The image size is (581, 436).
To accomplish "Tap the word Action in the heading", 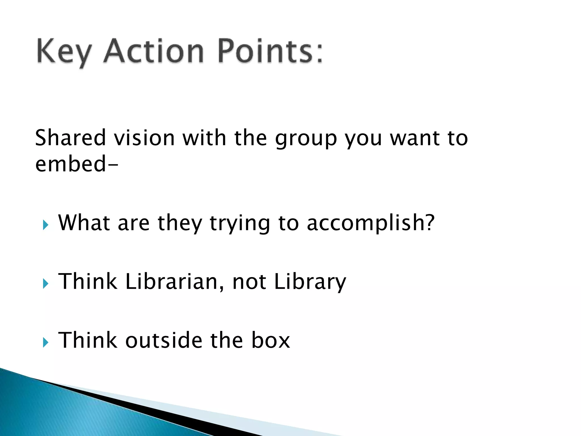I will tap(153, 51).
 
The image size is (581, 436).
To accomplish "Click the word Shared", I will tap(70, 138).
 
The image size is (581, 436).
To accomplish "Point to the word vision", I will tap(144, 138).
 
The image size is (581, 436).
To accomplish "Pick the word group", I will tap(306, 139).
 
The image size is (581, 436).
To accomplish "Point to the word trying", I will tap(240, 224).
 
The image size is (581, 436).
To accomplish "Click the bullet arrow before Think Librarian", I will tap(46, 284).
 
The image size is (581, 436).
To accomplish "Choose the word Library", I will tap(310, 282).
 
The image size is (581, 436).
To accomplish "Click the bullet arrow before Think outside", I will tap(46, 342).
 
